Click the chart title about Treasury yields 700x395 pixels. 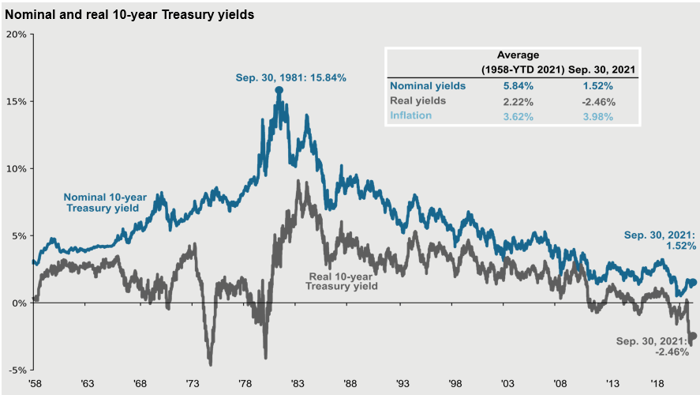129,14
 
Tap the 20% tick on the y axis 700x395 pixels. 16,35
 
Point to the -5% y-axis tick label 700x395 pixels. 17,370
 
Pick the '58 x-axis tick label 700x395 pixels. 36,383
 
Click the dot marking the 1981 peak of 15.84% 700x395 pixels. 279,90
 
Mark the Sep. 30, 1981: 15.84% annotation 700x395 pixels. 290,77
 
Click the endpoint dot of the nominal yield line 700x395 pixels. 694,282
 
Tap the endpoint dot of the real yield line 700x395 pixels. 694,336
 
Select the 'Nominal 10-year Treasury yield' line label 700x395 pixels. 102,201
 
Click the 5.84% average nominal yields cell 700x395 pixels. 518,86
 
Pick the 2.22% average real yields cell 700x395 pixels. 518,101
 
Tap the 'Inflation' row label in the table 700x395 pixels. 411,116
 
